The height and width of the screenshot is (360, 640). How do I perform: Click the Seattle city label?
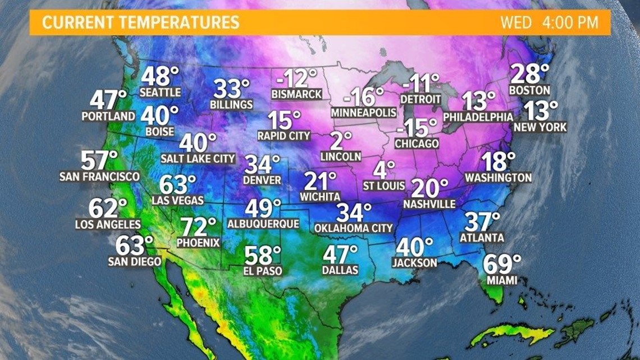[160, 92]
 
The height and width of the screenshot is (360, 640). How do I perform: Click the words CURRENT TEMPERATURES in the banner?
[140, 23]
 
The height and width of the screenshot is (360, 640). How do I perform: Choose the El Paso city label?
[263, 271]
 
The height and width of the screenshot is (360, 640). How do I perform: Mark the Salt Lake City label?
[198, 159]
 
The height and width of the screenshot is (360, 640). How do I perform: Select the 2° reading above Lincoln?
[340, 140]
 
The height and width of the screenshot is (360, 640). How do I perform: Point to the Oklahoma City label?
[353, 229]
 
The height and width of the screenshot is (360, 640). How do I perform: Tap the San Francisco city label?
[99, 176]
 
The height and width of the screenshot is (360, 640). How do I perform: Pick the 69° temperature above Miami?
[501, 264]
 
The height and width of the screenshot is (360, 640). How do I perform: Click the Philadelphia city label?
[478, 117]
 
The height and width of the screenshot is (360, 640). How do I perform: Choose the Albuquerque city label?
[263, 224]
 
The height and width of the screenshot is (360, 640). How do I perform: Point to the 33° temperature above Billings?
[231, 89]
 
